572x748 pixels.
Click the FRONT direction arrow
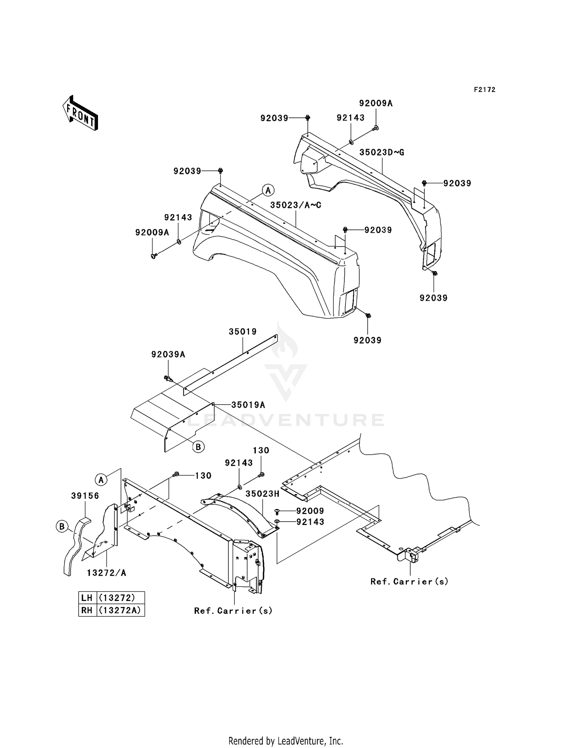click(x=80, y=114)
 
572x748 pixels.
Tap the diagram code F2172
click(x=484, y=90)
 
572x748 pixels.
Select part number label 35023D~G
click(x=382, y=152)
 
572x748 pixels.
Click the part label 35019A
click(x=248, y=405)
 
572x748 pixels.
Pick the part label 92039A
click(x=168, y=354)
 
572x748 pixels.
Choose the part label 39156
click(x=85, y=496)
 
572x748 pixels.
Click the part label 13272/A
click(x=106, y=573)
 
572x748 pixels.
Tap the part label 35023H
click(x=262, y=494)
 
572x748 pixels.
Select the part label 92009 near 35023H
click(x=310, y=511)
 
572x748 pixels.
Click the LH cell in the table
click(x=87, y=597)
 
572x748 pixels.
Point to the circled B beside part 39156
click(x=61, y=527)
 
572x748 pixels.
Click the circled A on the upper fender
click(x=268, y=190)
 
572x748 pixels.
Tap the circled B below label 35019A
click(x=198, y=447)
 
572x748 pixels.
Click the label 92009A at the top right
click(x=376, y=103)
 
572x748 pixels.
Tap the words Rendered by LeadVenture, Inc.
click(x=286, y=741)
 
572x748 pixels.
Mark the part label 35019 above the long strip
click(x=243, y=332)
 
